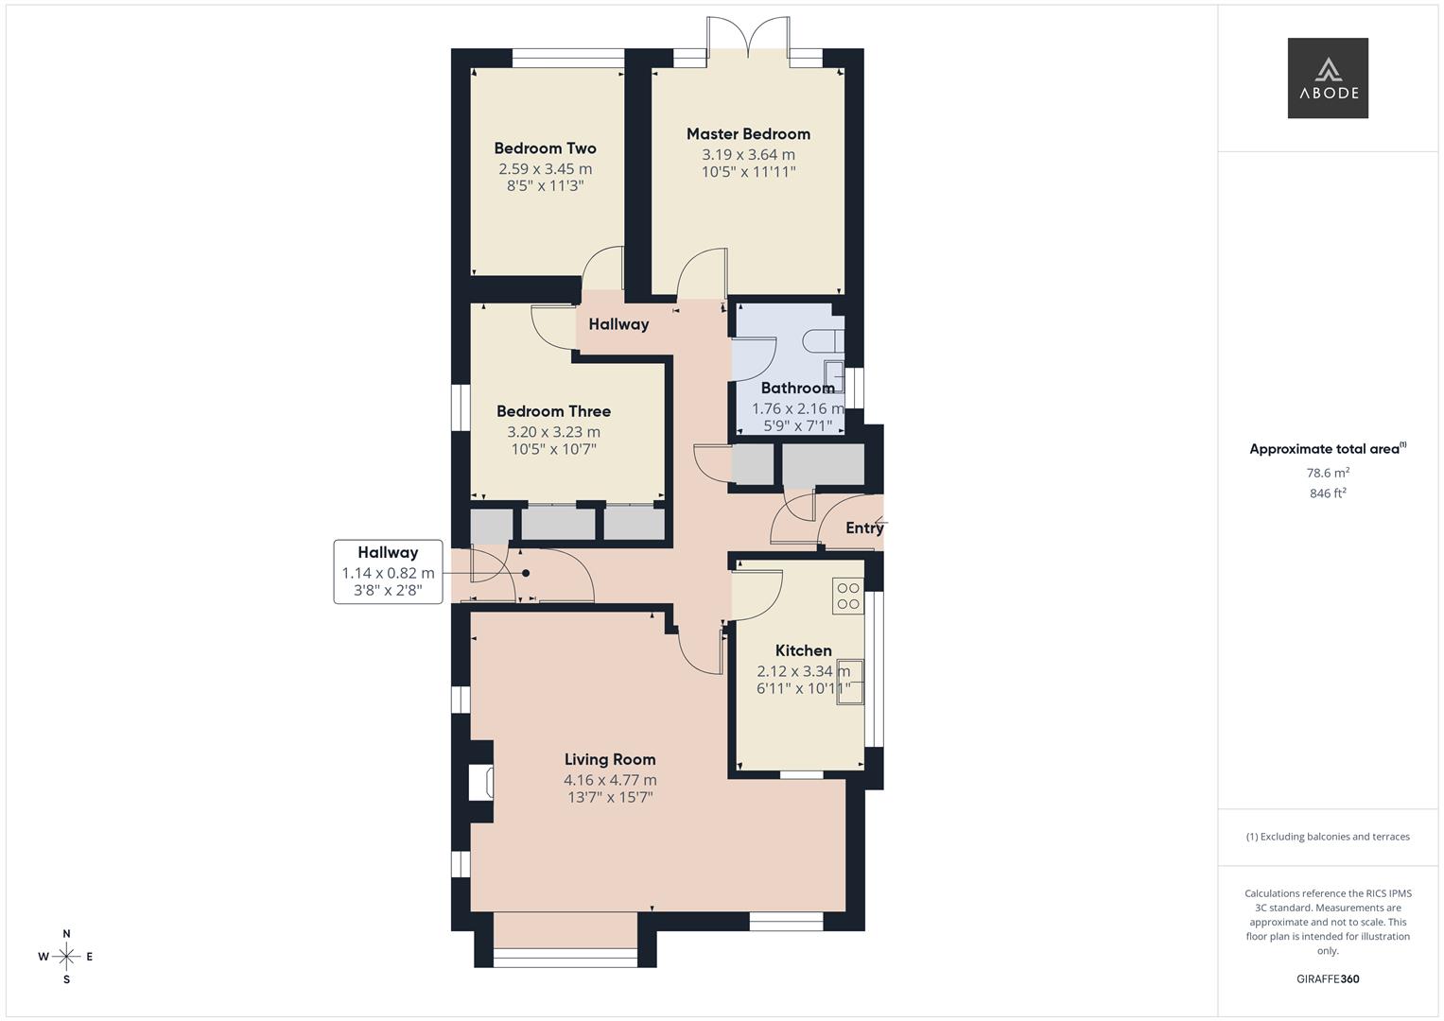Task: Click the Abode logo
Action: tap(1327, 78)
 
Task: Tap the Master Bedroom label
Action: tap(748, 134)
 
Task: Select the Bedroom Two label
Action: tap(545, 148)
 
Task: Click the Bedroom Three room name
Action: tap(553, 411)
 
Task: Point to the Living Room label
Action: tap(610, 759)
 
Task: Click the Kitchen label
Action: tap(803, 650)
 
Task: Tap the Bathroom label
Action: tap(797, 388)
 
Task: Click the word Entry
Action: tap(863, 528)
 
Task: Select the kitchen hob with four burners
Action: tap(848, 596)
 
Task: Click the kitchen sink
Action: tap(849, 681)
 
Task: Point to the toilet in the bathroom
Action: tap(821, 340)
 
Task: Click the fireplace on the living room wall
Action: tap(480, 783)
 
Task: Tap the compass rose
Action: tap(66, 957)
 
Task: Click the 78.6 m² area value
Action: tap(1328, 473)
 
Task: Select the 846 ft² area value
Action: tap(1328, 493)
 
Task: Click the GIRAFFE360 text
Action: tap(1328, 978)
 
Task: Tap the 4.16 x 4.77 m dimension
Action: tap(610, 780)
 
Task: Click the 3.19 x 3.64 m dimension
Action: tap(748, 155)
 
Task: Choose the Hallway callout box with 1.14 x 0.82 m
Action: tap(388, 572)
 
